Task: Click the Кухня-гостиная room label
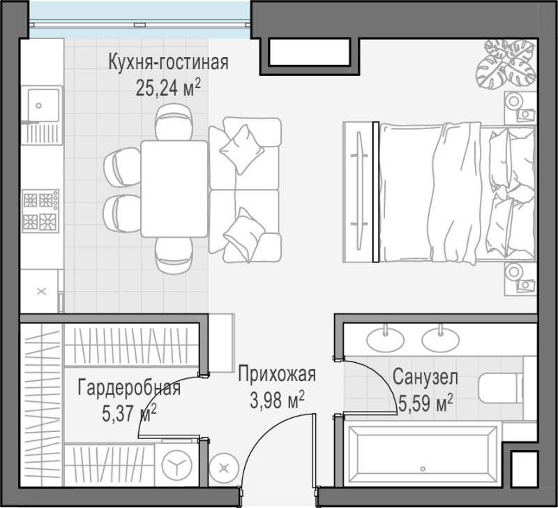[168, 62]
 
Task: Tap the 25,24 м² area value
[165, 87]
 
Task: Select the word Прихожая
[277, 375]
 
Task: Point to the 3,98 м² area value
[277, 400]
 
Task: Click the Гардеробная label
[129, 388]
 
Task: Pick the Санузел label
[425, 378]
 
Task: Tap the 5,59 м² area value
[425, 403]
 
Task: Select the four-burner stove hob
[40, 211]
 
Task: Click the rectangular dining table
[174, 188]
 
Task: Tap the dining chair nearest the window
[174, 121]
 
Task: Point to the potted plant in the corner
[506, 63]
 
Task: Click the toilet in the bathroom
[500, 388]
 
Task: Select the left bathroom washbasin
[386, 339]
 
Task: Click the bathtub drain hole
[423, 468]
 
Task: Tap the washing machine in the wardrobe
[177, 465]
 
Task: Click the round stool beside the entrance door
[224, 468]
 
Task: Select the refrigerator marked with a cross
[42, 291]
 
